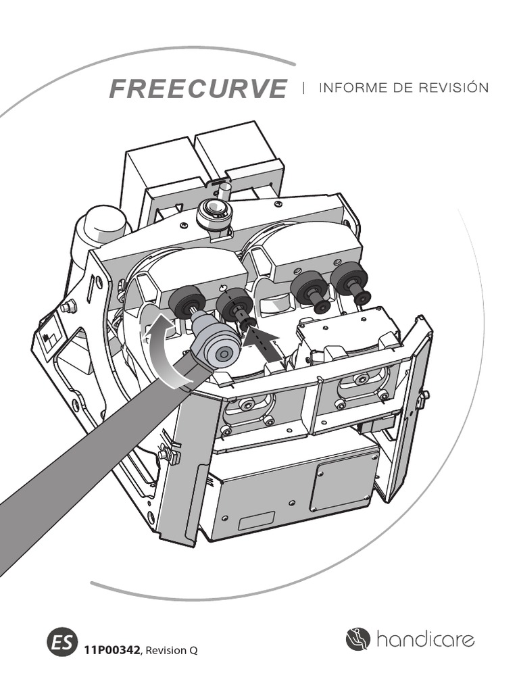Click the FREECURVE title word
coord(197,89)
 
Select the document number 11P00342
coord(112,650)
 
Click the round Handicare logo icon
coord(358,639)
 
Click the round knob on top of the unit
coord(214,214)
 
